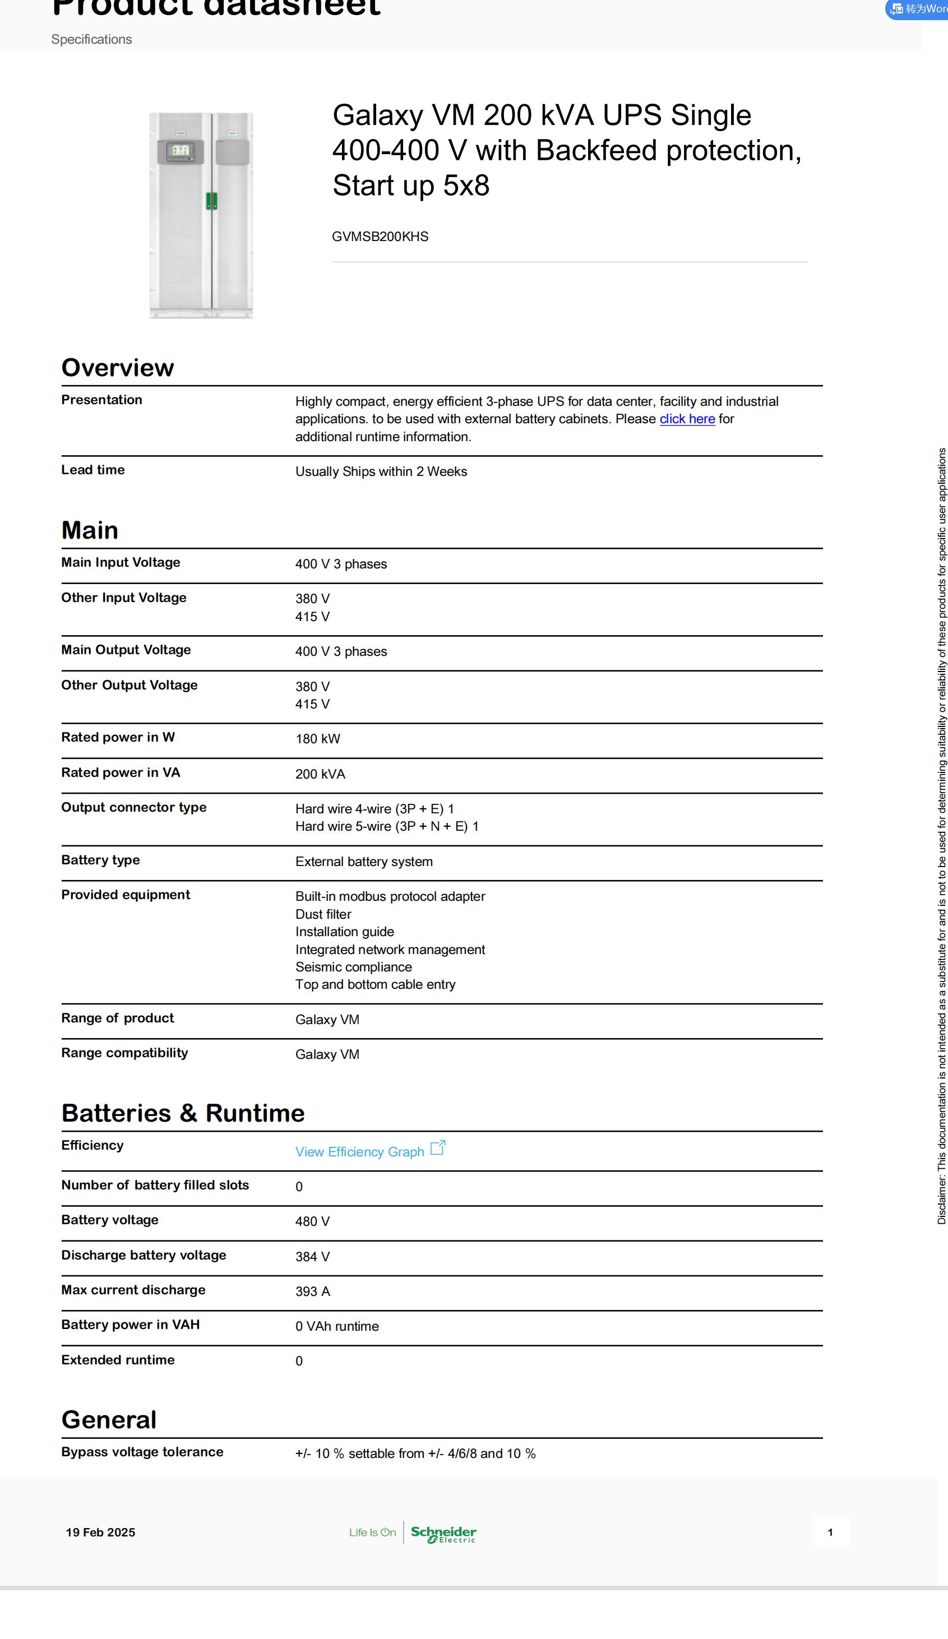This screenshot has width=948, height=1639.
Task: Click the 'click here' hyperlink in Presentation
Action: point(687,419)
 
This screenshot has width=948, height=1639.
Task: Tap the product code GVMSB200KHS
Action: point(380,237)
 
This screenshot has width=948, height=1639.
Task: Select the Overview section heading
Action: point(118,368)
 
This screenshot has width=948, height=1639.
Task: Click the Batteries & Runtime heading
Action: point(183,1113)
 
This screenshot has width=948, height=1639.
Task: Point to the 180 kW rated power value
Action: point(317,739)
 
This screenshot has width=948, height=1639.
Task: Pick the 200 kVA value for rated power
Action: point(320,774)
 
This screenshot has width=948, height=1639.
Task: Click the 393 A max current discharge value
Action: point(312,1291)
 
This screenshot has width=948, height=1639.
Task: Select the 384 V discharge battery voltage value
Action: point(312,1257)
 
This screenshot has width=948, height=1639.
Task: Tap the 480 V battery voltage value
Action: point(312,1221)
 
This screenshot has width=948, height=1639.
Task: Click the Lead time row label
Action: point(93,470)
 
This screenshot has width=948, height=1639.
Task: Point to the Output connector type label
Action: point(134,807)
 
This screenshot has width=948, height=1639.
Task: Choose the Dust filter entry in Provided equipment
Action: point(323,914)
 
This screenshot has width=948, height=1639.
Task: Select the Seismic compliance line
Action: point(353,967)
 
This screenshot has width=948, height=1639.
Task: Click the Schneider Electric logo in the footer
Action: point(444,1534)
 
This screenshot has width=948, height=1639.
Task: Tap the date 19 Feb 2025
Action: point(100,1532)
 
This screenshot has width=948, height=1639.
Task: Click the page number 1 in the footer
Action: point(830,1532)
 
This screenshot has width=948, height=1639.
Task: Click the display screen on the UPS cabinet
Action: point(179,151)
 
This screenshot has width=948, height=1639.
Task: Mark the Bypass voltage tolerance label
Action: point(142,1452)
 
